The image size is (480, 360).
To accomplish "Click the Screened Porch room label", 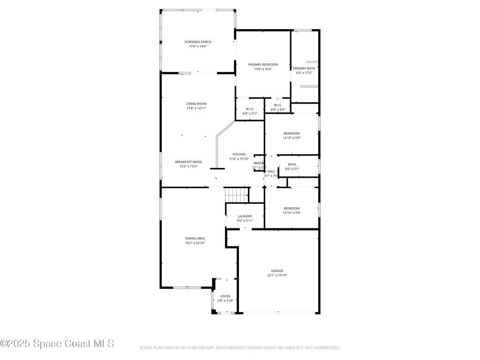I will [x=197, y=42].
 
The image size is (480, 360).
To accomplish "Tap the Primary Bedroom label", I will [x=263, y=64].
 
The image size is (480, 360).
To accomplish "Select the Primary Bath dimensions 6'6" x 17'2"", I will [x=304, y=73].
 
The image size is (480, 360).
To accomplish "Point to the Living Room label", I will [x=196, y=104].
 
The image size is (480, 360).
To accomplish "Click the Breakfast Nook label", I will [x=188, y=162].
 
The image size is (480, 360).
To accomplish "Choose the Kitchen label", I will [x=239, y=154].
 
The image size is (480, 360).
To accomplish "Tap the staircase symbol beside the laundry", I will [x=236, y=194].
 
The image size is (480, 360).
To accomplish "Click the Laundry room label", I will [x=245, y=216].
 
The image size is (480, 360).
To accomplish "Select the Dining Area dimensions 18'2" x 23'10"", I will [x=195, y=243].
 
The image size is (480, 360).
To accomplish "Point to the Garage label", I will [x=277, y=270].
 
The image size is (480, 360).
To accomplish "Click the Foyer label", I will [x=225, y=296].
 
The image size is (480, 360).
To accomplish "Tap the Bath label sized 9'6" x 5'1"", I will [x=292, y=165].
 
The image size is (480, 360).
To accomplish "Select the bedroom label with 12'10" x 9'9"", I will [x=292, y=133].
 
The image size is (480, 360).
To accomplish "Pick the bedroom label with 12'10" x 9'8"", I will [x=292, y=208].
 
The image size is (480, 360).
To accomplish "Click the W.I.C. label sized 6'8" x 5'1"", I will [x=249, y=109].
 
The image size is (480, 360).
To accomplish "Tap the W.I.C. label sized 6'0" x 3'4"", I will [x=277, y=105].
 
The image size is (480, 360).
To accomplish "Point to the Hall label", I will [x=271, y=172].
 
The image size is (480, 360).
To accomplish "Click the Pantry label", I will [x=259, y=163].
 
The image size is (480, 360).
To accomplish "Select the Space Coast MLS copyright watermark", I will [x=57, y=344].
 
